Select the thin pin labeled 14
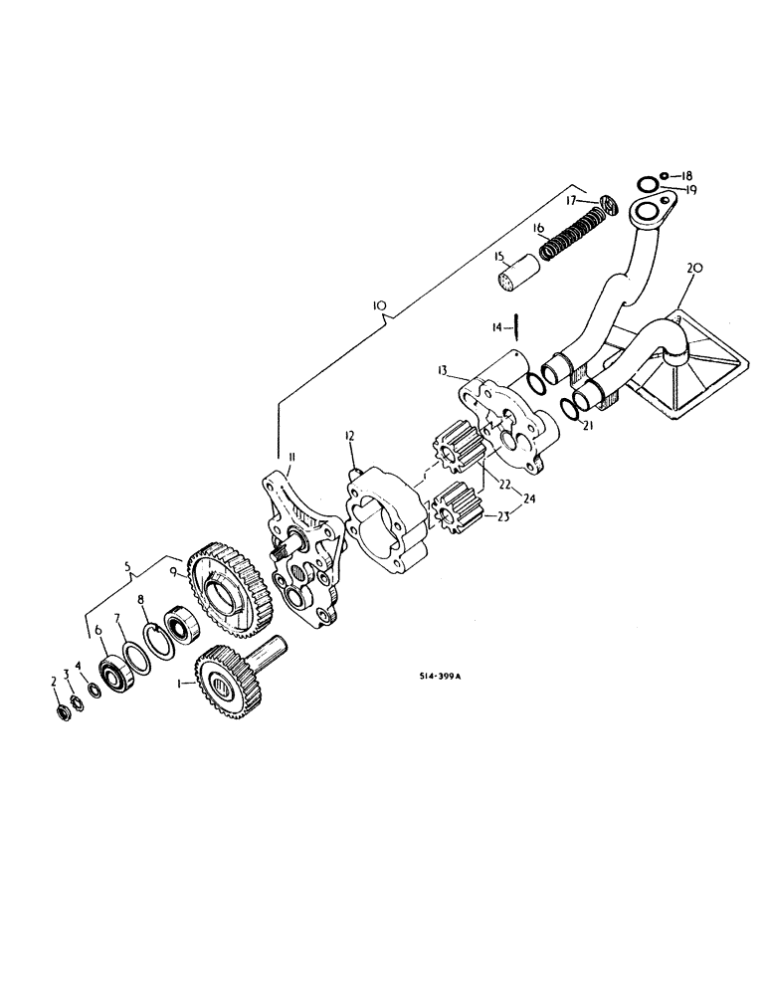point(516,326)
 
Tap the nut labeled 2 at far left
point(64,712)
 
